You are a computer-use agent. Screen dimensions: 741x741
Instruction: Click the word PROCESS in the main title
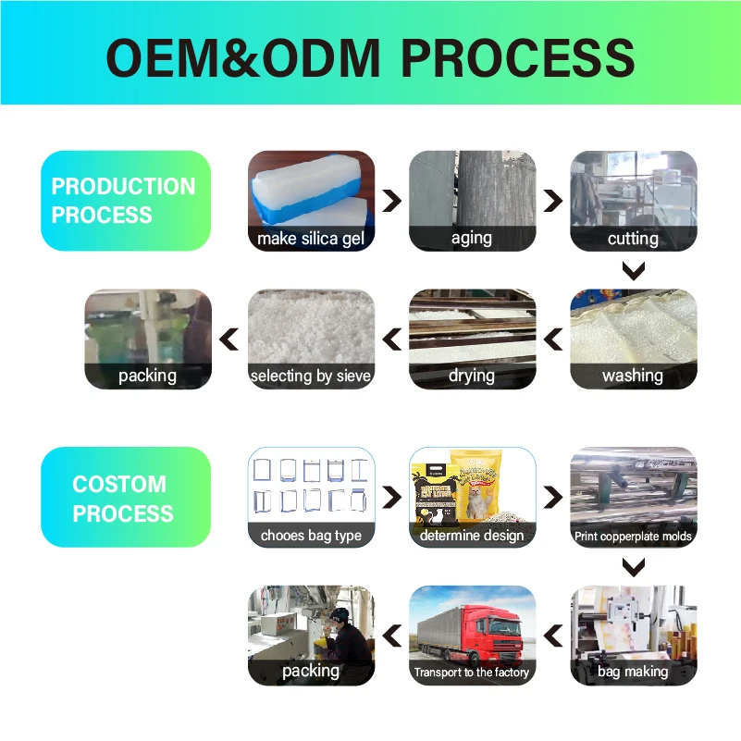[x=518, y=57]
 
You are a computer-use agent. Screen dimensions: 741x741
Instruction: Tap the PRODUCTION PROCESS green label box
[x=126, y=201]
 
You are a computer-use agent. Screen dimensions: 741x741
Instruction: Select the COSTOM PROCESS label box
[x=126, y=498]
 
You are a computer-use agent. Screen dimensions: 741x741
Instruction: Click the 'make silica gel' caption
[x=311, y=239]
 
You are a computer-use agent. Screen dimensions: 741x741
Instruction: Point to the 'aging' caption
[x=472, y=239]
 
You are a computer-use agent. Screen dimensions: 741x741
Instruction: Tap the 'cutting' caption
[x=633, y=239]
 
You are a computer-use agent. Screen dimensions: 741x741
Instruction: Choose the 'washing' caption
[x=633, y=376]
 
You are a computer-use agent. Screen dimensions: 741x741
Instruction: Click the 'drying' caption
[x=472, y=376]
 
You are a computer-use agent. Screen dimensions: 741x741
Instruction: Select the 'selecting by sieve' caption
[x=311, y=376]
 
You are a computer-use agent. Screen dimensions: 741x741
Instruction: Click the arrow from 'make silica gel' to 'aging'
[x=392, y=201]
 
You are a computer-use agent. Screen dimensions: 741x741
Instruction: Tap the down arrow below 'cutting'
[x=633, y=271]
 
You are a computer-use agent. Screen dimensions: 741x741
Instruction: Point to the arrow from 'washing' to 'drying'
[x=553, y=340]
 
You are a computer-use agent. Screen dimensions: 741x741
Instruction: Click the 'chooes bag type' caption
[x=311, y=535]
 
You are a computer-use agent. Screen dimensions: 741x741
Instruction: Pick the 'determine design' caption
[x=472, y=535]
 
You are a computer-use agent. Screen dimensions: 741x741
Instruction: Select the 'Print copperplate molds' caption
[x=633, y=536]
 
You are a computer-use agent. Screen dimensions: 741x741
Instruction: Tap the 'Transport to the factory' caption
[x=472, y=673]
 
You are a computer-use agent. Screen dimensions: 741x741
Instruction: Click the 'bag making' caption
[x=633, y=672]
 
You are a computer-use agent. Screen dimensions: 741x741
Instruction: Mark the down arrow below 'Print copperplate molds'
[x=633, y=567]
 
